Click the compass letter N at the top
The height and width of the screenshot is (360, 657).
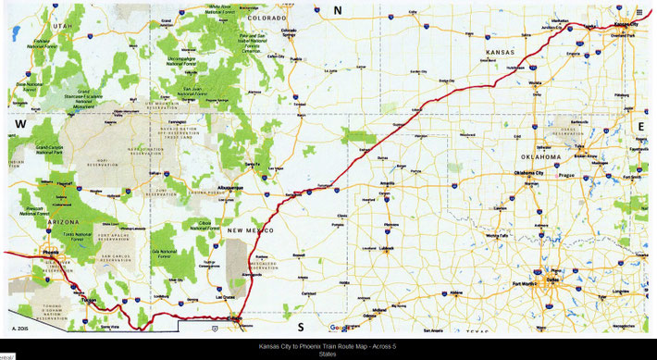338,10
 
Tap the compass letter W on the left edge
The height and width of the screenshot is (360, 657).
19,123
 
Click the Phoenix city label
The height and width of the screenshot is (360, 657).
49,250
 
